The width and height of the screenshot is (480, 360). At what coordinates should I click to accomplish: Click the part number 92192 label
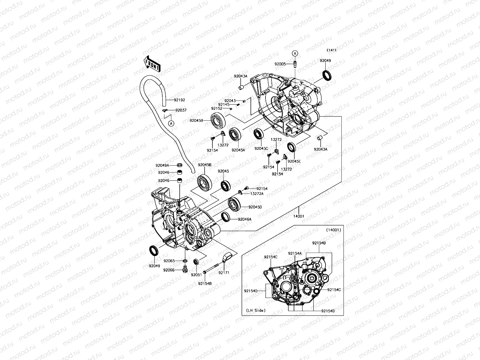point(179,100)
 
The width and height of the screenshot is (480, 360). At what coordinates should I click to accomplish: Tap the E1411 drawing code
point(331,50)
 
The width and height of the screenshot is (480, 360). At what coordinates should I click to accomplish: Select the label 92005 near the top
point(280,64)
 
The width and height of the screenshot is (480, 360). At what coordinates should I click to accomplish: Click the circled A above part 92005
point(295,53)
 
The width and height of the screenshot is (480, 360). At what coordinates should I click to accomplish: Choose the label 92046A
point(244,219)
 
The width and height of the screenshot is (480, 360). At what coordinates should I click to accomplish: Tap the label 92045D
point(255,207)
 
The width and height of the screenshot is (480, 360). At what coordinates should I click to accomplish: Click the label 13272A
point(257,194)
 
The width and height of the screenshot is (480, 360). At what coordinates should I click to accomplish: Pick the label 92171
point(224,273)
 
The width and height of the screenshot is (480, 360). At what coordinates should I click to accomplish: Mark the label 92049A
point(162,165)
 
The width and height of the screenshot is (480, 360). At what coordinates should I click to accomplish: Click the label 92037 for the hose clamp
point(181,110)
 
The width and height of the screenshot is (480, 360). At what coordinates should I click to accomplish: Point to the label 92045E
point(294,161)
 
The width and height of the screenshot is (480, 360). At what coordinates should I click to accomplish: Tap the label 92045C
point(261,148)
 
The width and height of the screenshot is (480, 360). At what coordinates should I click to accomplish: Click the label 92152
point(216,109)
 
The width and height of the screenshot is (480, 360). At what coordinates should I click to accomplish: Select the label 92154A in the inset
point(295,253)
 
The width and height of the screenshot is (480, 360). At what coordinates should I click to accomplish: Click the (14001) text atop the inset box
point(333,230)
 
